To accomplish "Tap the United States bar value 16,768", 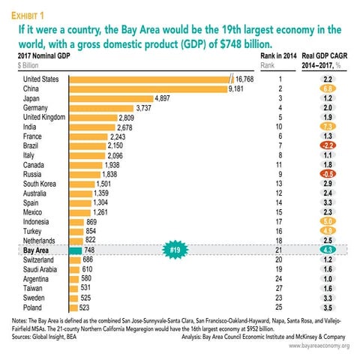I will coord(245,78).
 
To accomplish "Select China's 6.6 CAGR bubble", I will coord(327,88).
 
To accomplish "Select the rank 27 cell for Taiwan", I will coord(278,287).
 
